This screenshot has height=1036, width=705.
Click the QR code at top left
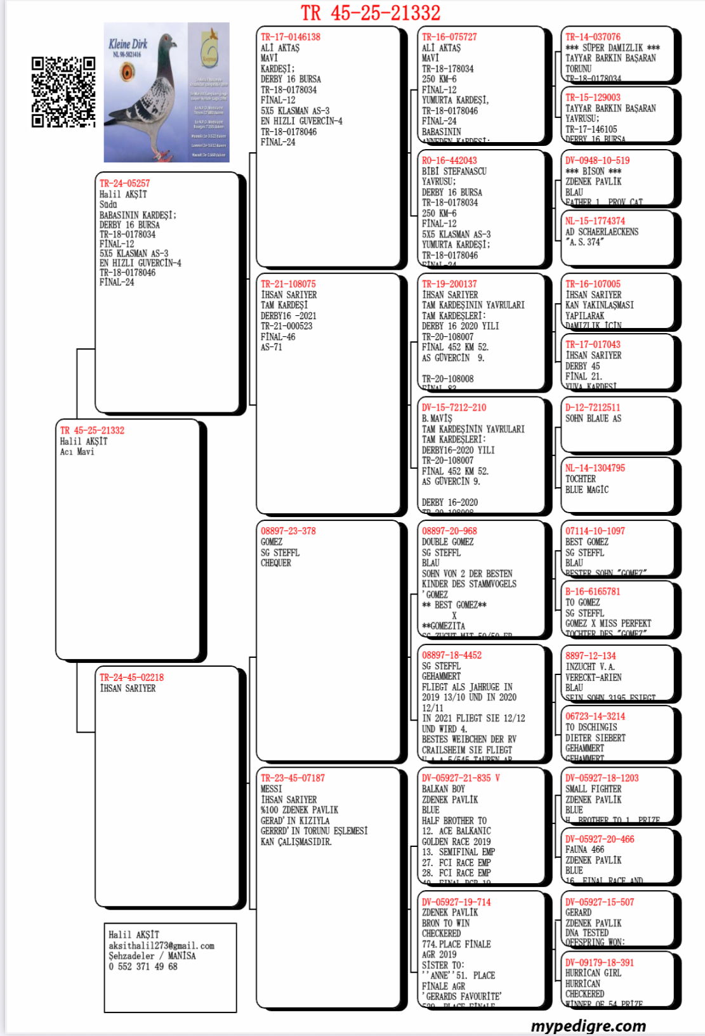tap(63, 92)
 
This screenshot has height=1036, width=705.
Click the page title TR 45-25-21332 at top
tap(370, 13)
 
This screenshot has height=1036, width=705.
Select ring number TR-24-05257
tap(125, 183)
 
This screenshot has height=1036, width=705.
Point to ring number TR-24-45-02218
tap(131, 678)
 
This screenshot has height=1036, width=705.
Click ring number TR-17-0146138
tap(291, 37)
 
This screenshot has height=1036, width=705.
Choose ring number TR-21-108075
tap(288, 284)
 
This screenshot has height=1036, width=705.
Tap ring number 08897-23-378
tap(288, 531)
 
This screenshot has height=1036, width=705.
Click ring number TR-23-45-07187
tap(293, 778)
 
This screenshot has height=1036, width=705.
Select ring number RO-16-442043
tap(449, 161)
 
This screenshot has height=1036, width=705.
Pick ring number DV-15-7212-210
tap(454, 407)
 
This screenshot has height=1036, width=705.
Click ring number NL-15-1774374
tap(595, 221)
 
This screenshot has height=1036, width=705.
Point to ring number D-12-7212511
tap(593, 407)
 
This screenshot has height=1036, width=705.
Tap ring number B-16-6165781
tap(593, 591)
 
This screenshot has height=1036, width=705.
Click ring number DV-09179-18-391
tap(600, 962)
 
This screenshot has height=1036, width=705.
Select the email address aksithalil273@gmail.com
tap(161, 945)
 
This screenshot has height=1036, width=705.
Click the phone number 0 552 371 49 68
tap(143, 966)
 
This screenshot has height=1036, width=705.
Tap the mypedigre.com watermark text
tap(588, 1025)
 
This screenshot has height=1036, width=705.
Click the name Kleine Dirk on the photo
tap(128, 44)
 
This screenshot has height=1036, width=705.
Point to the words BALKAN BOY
tap(444, 789)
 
